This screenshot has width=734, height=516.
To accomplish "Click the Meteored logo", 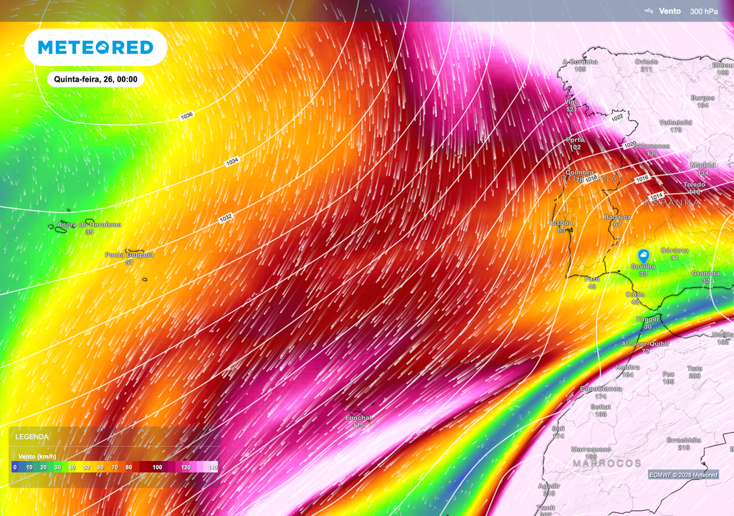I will [95, 47].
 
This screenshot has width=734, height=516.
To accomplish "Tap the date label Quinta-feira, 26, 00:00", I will [95, 80].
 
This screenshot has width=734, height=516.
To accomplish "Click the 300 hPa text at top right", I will [703, 11].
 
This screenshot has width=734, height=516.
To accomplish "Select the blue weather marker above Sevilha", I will [644, 256].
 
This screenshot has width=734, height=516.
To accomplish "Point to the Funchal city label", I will [358, 418].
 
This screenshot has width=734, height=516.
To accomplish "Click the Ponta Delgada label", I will [129, 255].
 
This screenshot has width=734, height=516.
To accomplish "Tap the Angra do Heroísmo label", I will [89, 224].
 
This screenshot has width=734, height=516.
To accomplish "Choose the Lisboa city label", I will [561, 223].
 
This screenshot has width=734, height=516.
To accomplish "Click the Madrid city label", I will [702, 165].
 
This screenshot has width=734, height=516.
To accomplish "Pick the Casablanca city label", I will [601, 388].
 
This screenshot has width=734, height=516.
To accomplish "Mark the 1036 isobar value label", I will [187, 115].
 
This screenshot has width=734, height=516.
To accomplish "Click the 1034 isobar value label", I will [232, 162].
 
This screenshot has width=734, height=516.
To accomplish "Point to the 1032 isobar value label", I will [226, 217].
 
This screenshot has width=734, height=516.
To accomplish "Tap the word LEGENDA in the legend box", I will [33, 436].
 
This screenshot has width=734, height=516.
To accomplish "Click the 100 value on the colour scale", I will [157, 467].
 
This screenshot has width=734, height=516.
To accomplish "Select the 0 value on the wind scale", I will [14, 467].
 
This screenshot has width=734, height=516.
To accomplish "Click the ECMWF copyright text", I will [682, 474].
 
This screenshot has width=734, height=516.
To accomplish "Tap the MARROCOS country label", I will [606, 464].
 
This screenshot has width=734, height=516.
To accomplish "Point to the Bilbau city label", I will [722, 65].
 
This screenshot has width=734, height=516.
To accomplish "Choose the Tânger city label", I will [647, 319].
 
